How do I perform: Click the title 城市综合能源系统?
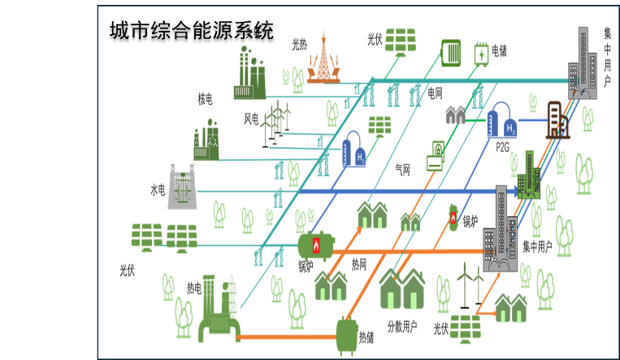coord(193,31)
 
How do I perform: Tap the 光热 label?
coord(300,46)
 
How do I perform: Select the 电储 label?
coord(499,51)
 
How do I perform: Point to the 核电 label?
coord(205,99)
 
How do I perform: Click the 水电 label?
coord(158,190)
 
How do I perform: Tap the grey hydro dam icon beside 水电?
coord(184,187)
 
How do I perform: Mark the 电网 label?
coord(436,93)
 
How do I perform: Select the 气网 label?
coord(402,170)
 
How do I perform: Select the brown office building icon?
coord(557,119)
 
